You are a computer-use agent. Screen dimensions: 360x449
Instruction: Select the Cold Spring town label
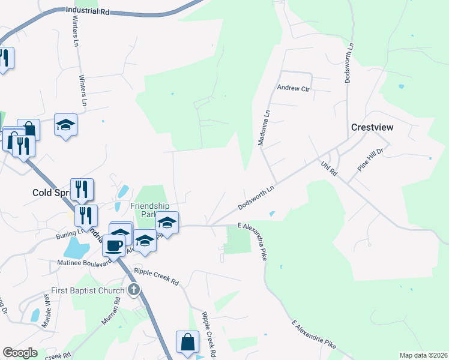52,193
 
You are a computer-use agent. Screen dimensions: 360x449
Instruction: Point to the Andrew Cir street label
292,88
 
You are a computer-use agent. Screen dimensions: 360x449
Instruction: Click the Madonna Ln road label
262,128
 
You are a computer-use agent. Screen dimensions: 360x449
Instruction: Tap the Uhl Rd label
330,167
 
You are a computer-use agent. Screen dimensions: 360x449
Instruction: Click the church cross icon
134,290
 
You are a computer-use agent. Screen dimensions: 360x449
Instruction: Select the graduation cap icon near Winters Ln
65,125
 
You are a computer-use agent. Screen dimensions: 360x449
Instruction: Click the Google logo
20,353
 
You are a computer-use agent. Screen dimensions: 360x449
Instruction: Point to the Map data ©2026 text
423,355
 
